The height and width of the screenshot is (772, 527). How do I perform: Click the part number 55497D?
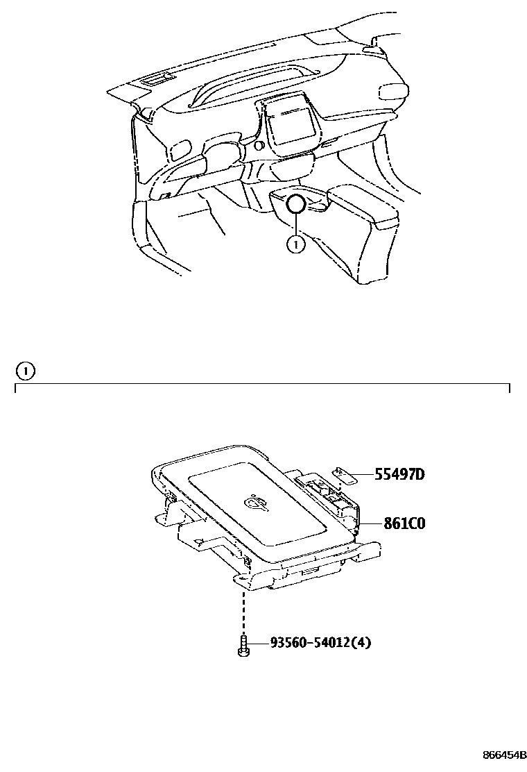tap(399, 475)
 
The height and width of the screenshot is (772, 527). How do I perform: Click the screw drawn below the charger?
tap(243, 646)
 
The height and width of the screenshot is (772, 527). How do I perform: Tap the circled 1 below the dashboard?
tap(296, 244)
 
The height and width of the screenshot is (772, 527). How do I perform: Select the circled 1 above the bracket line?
tap(25, 371)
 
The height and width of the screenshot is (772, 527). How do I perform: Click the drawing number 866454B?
tap(504, 755)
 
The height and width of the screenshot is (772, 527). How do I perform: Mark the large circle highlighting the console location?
tap(296, 204)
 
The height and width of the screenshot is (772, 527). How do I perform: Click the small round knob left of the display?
tap(258, 146)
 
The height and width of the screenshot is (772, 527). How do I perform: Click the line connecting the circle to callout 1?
tap(296, 225)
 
